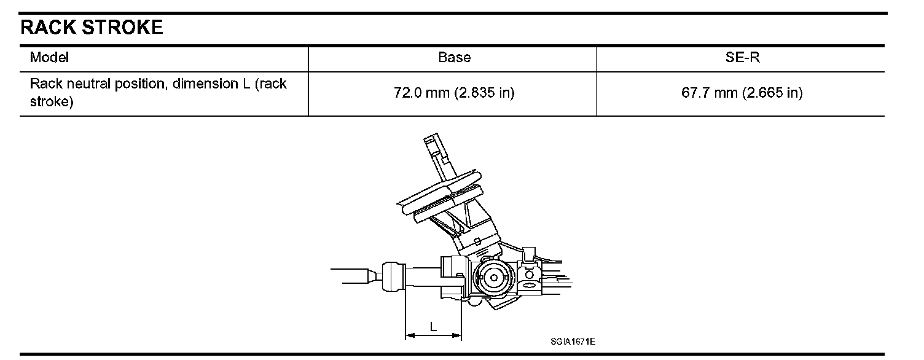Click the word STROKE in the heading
[x=122, y=27]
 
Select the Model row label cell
[x=49, y=57]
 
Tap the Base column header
[x=454, y=57]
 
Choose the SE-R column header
[x=742, y=57]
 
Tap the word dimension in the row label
[x=205, y=84]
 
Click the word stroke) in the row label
[x=52, y=101]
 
